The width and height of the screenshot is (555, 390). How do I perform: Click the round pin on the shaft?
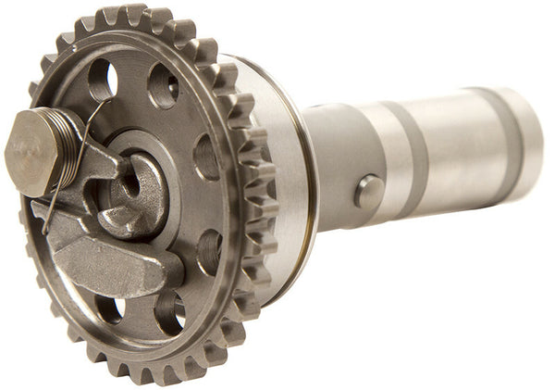click(x=368, y=192)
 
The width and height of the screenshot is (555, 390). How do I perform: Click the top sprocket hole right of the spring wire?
click(x=163, y=86)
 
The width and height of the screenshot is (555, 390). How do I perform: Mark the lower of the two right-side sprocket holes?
click(x=210, y=251)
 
